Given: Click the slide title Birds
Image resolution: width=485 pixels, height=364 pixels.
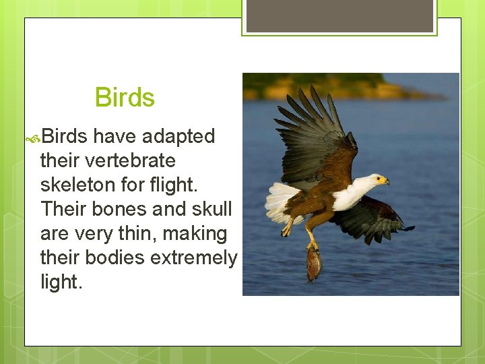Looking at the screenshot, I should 125,98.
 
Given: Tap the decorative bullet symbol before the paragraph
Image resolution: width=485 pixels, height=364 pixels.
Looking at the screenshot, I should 32,138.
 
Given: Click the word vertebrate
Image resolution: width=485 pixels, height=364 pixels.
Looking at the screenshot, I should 108,160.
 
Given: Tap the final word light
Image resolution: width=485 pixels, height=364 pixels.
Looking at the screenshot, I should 61,282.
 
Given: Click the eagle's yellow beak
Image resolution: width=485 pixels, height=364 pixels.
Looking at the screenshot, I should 383,181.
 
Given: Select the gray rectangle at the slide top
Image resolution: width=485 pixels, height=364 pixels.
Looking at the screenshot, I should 339,16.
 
